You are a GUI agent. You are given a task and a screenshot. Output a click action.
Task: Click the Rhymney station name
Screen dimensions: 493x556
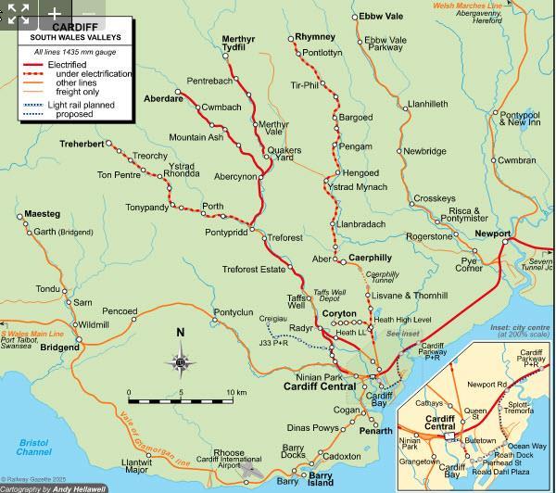315,37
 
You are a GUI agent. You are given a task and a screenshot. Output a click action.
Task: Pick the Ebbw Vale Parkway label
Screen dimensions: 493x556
385,44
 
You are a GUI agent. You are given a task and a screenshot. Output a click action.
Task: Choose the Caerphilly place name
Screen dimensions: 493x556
370,257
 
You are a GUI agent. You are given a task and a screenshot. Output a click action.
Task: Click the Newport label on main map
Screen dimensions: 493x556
492,234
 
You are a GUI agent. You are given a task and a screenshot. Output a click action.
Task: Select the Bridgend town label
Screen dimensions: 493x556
59,348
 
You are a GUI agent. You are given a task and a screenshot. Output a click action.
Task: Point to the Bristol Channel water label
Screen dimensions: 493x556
33,448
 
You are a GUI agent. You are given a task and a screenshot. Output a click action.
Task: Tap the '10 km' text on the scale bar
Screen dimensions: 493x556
236,393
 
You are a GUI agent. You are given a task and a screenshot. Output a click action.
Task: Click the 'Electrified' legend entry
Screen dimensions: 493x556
76,64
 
